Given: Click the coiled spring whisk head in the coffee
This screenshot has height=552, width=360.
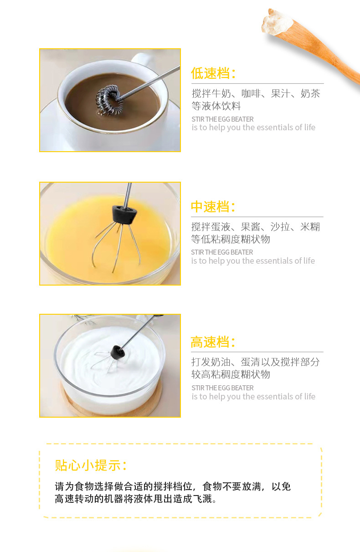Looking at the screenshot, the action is tap(109, 100).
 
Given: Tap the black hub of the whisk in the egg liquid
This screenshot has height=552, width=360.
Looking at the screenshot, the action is tap(124, 215).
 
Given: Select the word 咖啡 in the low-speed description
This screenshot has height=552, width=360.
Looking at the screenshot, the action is tap(251, 94).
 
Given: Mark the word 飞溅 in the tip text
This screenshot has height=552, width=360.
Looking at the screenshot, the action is tap(202, 499).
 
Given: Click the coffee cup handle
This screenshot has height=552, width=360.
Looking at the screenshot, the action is tap(142, 59).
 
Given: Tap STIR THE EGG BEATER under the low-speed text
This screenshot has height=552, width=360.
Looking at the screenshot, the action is tap(222, 119).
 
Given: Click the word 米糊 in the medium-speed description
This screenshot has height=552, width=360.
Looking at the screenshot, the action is tap(310, 227).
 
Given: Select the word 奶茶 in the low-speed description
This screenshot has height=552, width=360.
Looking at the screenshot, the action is tap(310, 94).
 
